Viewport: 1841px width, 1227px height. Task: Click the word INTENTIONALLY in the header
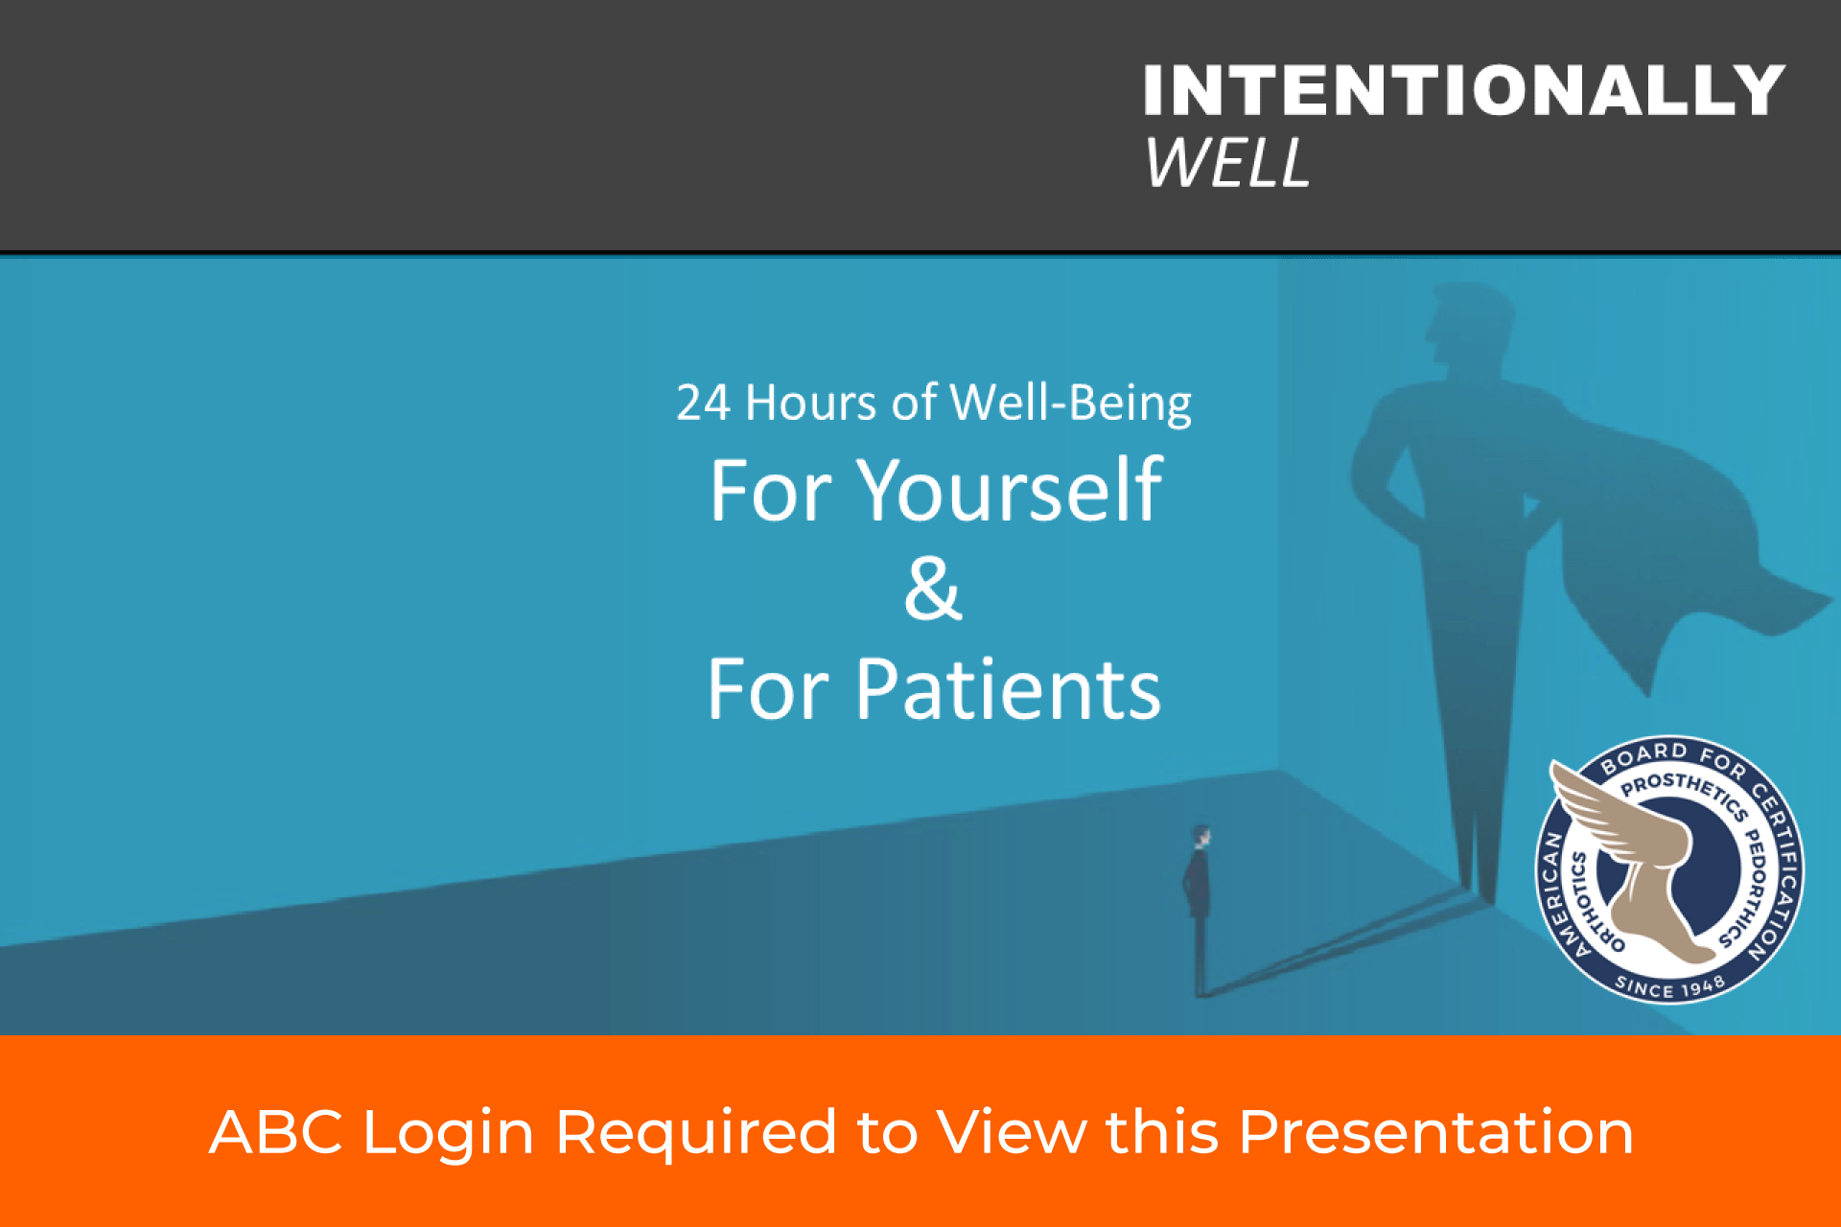pos(1464,90)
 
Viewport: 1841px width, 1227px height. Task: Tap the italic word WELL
pos(1227,162)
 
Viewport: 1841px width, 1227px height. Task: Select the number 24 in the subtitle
pos(703,403)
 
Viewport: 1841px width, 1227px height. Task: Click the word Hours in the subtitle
pos(810,403)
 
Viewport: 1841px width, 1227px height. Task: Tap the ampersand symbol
pos(933,589)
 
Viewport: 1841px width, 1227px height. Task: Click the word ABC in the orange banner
pos(276,1132)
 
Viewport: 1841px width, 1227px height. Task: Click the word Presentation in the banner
pos(1436,1132)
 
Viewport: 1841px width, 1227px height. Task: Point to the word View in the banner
pos(1012,1132)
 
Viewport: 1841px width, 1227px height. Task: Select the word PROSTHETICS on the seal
pos(1684,792)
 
